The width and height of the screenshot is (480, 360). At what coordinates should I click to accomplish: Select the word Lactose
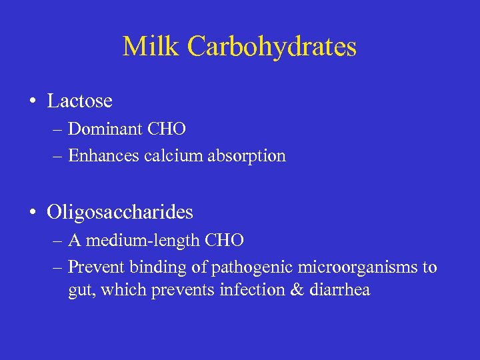(79, 101)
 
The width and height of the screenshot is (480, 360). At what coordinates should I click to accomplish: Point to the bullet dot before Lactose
(32, 102)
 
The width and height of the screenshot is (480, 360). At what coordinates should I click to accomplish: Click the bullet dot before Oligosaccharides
(32, 213)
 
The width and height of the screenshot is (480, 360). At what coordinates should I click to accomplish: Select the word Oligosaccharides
(120, 212)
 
